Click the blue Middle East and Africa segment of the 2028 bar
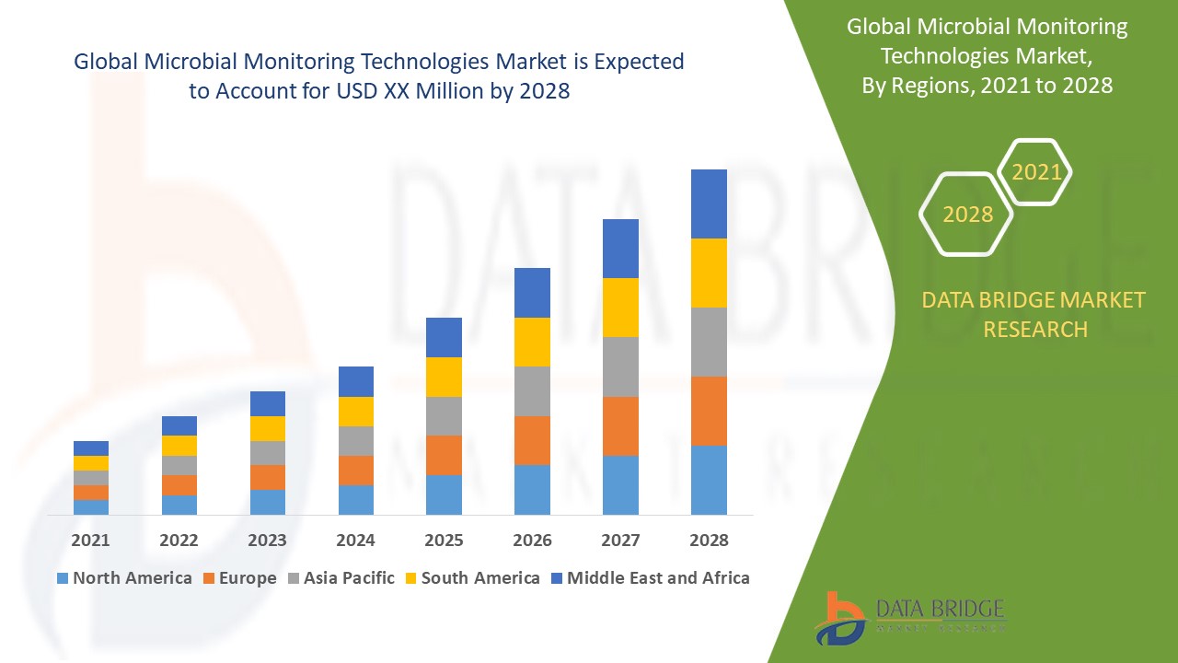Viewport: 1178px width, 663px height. click(x=709, y=204)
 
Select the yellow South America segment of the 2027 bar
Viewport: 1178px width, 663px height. click(x=620, y=307)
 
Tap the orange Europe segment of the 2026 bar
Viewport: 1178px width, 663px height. click(x=532, y=440)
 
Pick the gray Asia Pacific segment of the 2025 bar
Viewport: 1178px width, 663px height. click(x=444, y=415)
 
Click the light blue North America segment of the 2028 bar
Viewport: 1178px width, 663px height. click(x=709, y=479)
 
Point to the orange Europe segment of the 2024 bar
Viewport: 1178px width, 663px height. click(x=355, y=470)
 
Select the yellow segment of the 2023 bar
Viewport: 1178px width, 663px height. click(x=268, y=428)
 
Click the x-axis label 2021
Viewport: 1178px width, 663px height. click(x=90, y=541)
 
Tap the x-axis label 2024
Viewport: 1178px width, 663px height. click(x=355, y=541)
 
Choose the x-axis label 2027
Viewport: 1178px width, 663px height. click(x=620, y=541)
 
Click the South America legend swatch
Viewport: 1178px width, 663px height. click(x=411, y=578)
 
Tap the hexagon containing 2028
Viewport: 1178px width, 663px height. click(x=966, y=215)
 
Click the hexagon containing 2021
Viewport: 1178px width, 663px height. click(x=1035, y=172)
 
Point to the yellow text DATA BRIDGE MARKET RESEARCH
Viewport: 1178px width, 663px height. click(x=1034, y=314)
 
